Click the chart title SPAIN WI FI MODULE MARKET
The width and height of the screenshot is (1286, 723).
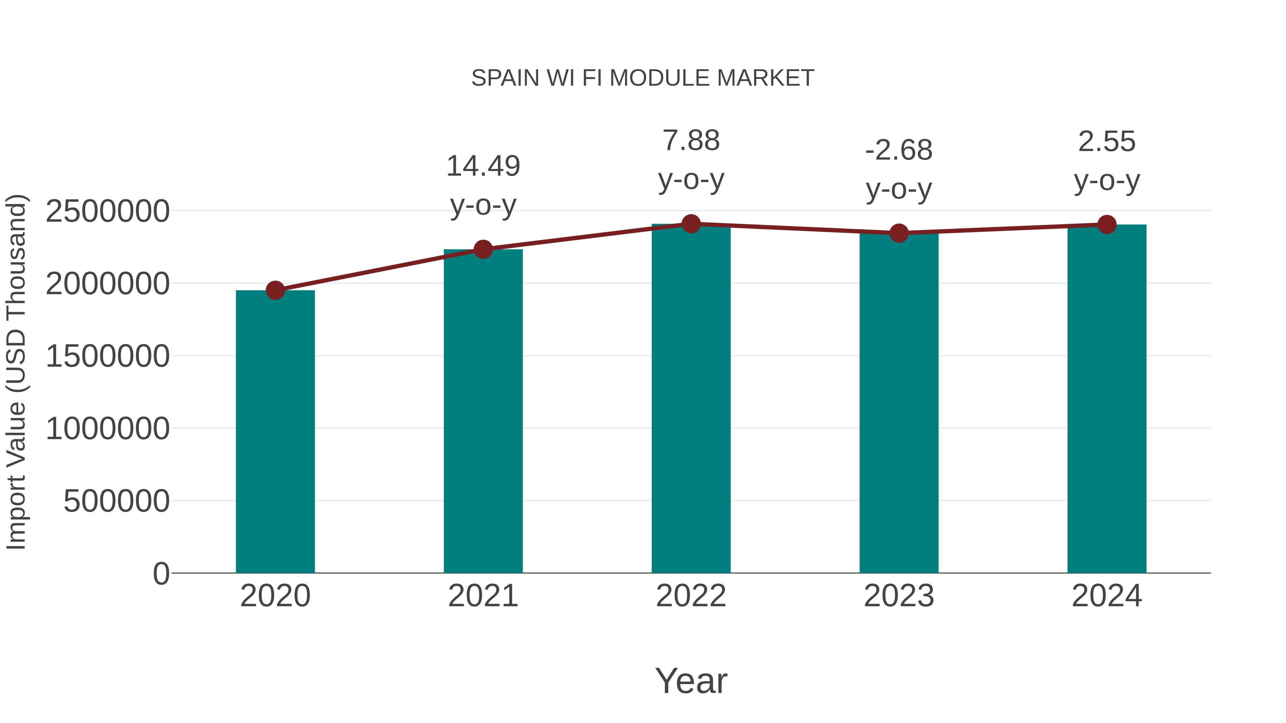pos(643,78)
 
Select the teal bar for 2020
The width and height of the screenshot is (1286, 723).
pos(275,432)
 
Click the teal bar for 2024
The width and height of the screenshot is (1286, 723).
pos(1107,399)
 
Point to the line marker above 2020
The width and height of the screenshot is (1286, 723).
pos(275,290)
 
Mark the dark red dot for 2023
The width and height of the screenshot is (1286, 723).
pos(899,233)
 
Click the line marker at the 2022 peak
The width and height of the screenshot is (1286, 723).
pos(691,224)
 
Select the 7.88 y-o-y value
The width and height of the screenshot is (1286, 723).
pos(691,141)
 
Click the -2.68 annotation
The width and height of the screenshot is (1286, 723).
pos(899,150)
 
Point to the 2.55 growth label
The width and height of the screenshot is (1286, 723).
pos(1107,142)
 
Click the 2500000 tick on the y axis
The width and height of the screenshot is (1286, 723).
pos(107,211)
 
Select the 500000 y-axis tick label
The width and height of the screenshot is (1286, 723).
pos(116,501)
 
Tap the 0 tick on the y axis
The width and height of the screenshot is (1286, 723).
pos(161,573)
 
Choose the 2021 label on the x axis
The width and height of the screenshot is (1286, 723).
pos(483,596)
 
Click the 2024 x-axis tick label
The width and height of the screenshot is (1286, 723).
pos(1107,596)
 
